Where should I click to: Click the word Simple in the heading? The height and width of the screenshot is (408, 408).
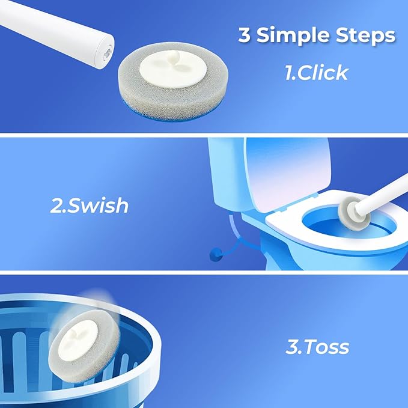click(x=291, y=35)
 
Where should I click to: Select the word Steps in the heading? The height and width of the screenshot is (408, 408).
click(x=366, y=35)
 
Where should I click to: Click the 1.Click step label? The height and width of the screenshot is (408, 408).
click(x=316, y=73)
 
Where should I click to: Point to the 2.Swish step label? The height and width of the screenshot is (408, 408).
click(x=89, y=206)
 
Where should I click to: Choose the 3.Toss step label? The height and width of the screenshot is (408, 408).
click(x=317, y=347)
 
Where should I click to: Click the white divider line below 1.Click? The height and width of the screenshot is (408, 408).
click(x=204, y=134)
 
